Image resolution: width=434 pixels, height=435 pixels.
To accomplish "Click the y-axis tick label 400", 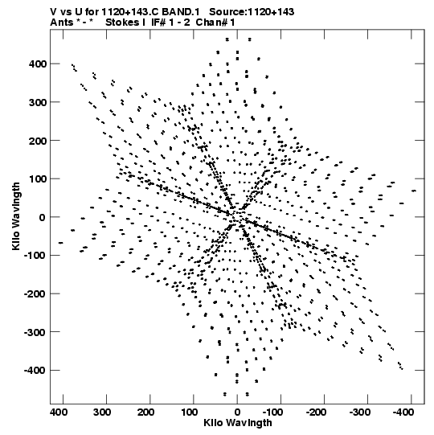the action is click(x=38, y=64).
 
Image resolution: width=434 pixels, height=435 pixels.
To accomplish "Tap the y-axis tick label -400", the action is click(x=35, y=371).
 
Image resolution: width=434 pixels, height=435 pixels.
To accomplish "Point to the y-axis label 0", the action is click(x=42, y=217).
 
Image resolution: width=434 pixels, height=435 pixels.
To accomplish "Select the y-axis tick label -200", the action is click(x=35, y=293).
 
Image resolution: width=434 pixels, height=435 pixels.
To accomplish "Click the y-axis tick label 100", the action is click(x=38, y=179).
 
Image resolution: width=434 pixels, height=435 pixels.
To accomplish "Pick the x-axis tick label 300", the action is click(x=102, y=412).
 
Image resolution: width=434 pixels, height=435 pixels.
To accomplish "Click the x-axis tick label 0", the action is click(x=237, y=412).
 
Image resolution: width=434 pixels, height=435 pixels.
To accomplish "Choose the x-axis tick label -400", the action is click(x=403, y=412).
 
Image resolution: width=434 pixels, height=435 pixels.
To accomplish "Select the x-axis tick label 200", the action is click(x=145, y=412).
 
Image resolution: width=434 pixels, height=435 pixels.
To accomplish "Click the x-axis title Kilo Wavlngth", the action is click(x=238, y=423).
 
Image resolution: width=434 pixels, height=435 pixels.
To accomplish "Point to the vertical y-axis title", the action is click(x=16, y=216).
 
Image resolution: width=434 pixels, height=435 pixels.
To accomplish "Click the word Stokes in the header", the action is click(x=122, y=23).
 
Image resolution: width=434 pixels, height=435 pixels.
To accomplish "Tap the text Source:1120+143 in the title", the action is click(x=252, y=12).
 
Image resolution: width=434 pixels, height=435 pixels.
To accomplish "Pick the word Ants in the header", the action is click(x=62, y=23).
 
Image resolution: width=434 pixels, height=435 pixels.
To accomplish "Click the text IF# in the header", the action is click(x=158, y=23).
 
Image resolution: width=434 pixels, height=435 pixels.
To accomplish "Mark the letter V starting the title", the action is click(x=53, y=12).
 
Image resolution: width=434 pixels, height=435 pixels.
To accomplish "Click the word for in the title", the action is click(x=92, y=12).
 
